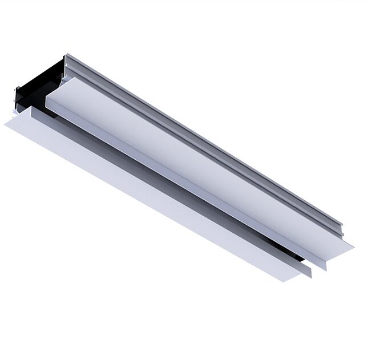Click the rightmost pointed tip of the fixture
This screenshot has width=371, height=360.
click(x=353, y=248)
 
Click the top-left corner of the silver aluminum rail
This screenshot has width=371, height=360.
click(x=66, y=56)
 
